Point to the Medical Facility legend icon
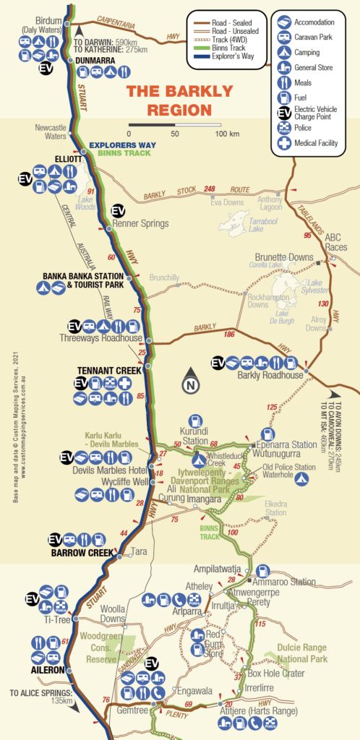tap(285, 143)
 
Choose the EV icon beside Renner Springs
tap(119, 210)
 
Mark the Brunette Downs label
tap(283, 257)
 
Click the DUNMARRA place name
tap(95, 61)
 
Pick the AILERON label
tap(48, 670)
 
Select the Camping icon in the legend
tap(285, 53)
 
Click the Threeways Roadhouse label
tap(100, 338)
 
